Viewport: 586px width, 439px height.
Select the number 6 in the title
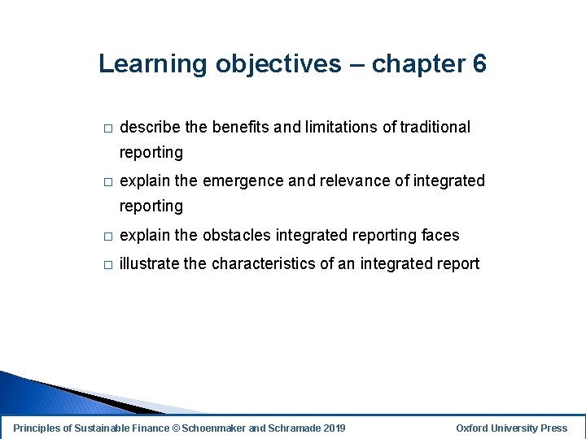click(x=479, y=63)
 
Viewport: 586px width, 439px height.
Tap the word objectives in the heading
click(x=278, y=63)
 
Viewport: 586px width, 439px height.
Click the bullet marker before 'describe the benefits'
click(x=106, y=128)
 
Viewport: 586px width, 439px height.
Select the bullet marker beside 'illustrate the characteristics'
click(x=106, y=265)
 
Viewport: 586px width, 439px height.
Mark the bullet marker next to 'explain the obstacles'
click(x=106, y=237)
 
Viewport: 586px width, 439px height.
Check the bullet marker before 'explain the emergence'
click(x=106, y=182)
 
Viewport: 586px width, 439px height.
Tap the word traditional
click(x=435, y=127)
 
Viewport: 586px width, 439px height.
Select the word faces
click(x=440, y=235)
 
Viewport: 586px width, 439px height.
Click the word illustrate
click(x=148, y=263)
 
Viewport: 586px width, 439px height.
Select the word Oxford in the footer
click(x=474, y=428)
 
